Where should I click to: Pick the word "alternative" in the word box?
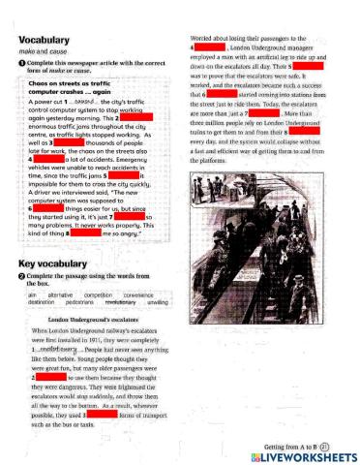pyautogui.click(x=61, y=294)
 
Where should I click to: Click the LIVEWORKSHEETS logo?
pyautogui.click(x=299, y=455)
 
